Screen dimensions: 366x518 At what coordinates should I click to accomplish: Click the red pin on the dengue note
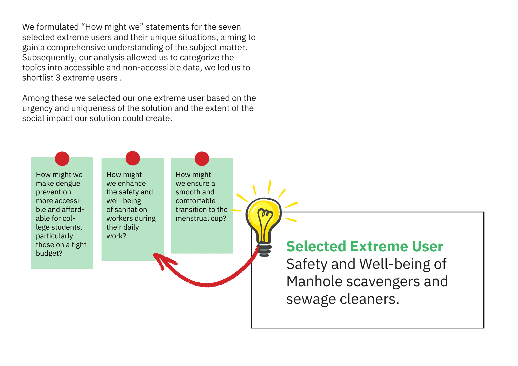tap(62, 159)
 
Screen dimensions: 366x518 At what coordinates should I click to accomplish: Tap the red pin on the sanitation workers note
tap(133, 158)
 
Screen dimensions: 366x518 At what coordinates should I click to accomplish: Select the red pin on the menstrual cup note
tap(202, 159)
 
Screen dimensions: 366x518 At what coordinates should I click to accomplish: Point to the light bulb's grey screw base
tap(264, 250)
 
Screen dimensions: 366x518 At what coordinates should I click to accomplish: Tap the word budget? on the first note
tap(49, 253)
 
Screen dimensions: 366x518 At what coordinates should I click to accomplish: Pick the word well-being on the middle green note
tap(124, 201)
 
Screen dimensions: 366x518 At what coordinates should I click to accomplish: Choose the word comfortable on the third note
tap(196, 201)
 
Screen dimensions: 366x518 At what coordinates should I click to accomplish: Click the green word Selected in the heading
tap(316, 246)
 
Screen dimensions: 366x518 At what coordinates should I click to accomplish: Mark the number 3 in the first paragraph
tap(58, 78)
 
